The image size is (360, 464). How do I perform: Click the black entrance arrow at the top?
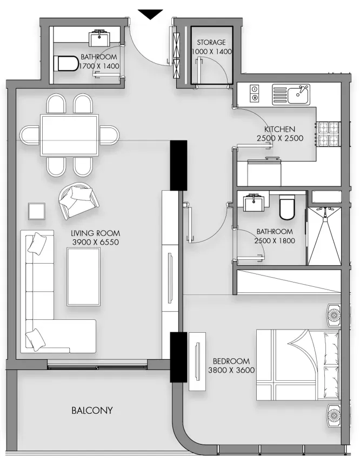point(150,14)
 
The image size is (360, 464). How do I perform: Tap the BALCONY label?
point(92,411)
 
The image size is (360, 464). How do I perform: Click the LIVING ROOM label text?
point(95,233)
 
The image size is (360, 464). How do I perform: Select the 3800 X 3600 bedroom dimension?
point(231,370)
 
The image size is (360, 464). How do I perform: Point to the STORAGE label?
point(211,42)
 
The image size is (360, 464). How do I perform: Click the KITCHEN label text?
point(280,129)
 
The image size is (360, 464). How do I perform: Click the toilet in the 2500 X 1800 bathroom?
point(287,207)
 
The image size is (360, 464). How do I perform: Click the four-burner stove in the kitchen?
point(329,134)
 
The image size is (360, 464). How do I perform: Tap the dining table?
point(69,136)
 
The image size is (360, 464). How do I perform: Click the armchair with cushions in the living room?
point(78,200)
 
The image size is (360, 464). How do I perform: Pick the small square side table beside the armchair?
point(37,211)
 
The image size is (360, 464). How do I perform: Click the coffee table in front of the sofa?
point(83,277)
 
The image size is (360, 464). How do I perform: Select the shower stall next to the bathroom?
point(324,236)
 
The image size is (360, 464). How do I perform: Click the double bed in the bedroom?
point(298,365)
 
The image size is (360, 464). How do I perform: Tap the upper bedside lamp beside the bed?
point(334,315)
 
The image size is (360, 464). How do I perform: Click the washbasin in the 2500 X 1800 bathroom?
point(254,202)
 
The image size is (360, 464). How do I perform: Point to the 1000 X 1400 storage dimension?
point(211,51)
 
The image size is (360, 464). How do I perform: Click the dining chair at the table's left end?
point(30,135)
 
